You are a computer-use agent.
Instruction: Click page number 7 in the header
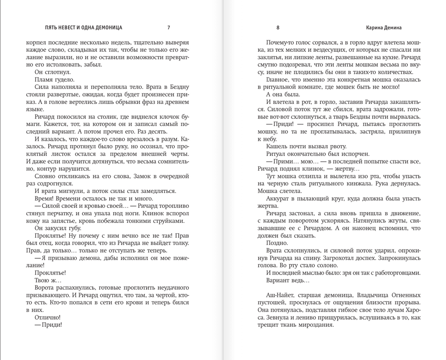[169, 28]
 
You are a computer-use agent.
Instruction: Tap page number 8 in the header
[278, 28]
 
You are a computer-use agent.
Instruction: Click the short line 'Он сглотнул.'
[51, 72]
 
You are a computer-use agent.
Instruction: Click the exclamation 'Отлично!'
[47, 317]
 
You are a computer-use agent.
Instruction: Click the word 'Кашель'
[276, 146]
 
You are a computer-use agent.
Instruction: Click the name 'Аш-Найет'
[280, 295]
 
